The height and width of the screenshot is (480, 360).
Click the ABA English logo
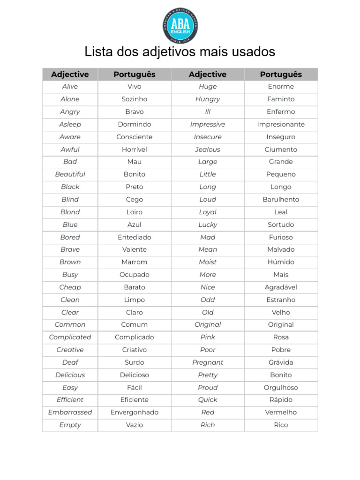point(180,26)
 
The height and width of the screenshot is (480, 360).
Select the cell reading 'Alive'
point(70,87)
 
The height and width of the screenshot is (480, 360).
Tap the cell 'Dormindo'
point(135,124)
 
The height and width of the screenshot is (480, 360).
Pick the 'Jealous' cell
point(208,150)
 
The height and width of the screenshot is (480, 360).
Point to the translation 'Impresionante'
point(281,124)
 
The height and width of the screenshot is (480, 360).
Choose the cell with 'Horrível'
point(135,150)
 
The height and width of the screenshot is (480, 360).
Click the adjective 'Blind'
point(70,200)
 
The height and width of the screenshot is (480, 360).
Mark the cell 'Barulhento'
point(281,200)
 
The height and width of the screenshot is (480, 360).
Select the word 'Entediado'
point(135,237)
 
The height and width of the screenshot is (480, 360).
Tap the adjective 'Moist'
point(208,262)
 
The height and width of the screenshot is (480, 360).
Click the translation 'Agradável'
point(281,287)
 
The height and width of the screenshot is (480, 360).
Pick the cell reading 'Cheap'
point(70,287)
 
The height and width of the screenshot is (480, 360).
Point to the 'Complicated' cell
point(70,337)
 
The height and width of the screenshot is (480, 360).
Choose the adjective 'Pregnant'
point(208,362)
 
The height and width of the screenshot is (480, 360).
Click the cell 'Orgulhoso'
point(281,388)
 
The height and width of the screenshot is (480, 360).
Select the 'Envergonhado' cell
point(135,412)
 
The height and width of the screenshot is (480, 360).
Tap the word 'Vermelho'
point(281,412)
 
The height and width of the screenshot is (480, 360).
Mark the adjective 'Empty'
point(70,425)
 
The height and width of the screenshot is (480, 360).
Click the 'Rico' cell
point(281,425)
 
